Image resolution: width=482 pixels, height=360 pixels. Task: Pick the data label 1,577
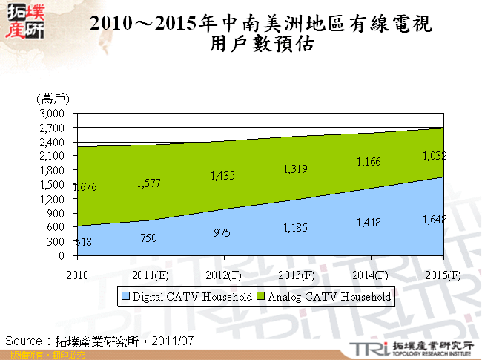[148, 183]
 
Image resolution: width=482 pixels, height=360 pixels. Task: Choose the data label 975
[220, 232]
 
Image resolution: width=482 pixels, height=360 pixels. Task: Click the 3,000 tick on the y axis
[53, 113]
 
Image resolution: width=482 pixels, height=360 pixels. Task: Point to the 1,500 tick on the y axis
[53, 184]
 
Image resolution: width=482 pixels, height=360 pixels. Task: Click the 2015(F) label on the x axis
[441, 275]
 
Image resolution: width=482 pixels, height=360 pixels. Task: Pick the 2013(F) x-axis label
[296, 275]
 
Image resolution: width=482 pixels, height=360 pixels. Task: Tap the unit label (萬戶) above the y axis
[53, 98]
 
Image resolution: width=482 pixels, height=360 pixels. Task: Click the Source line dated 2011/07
[99, 341]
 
